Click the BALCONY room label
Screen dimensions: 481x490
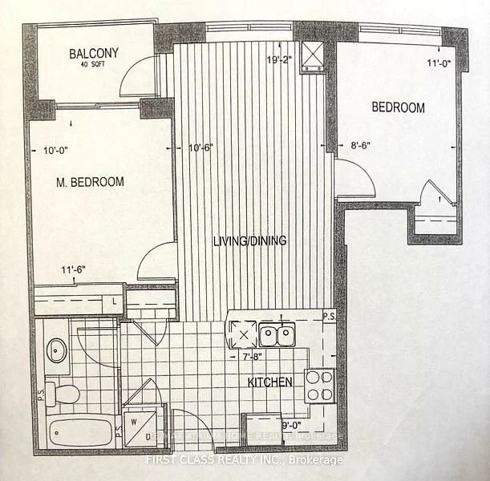click(x=93, y=54)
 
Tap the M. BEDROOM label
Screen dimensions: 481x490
click(x=91, y=182)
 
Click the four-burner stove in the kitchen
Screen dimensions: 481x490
click(x=319, y=386)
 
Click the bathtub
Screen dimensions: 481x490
click(x=80, y=433)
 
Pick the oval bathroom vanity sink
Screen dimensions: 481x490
click(x=57, y=350)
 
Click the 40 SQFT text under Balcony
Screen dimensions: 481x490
click(x=93, y=66)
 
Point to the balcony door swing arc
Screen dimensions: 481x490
click(x=134, y=79)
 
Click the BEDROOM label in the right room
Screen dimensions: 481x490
click(x=398, y=107)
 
